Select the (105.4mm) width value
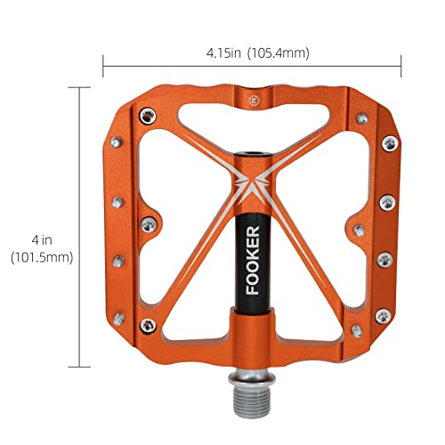278,53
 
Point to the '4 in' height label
41,238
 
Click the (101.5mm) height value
42,256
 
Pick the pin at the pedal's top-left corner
144,114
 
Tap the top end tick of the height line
80,87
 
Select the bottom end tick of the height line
80,367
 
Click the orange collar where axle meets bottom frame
252,319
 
